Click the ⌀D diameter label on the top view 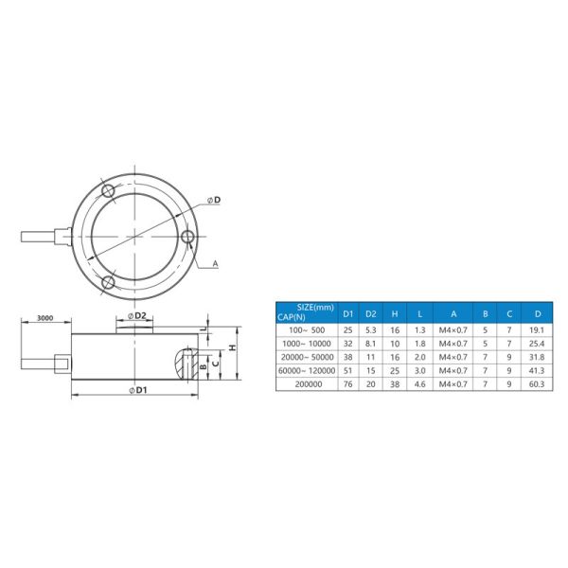215,201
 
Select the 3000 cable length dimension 41,318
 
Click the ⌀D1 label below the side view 138,390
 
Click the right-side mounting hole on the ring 188,237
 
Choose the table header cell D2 372,313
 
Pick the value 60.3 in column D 538,385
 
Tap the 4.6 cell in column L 420,385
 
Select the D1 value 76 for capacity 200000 347,385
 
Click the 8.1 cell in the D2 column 372,343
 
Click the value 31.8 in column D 538,357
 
